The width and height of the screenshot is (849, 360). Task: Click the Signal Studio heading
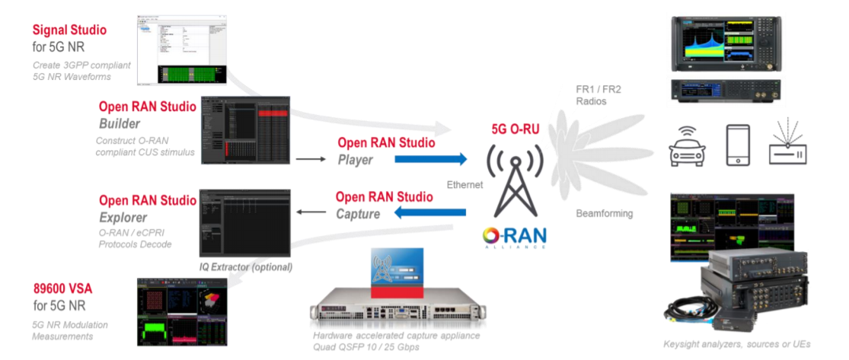point(69,30)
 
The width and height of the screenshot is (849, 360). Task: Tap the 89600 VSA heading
point(67,290)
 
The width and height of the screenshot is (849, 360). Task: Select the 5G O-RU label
point(515,129)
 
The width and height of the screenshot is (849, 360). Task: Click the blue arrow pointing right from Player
point(430,159)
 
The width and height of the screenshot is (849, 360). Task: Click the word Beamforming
point(604,213)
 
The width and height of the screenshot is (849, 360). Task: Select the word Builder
point(120,123)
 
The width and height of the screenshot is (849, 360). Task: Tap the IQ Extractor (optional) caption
point(246,267)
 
